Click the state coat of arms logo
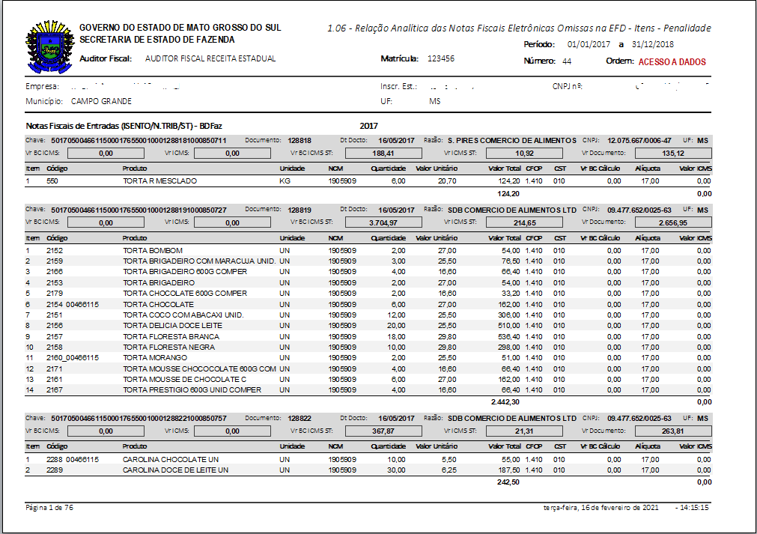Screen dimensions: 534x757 [49, 46]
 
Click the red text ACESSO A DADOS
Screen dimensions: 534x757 [672, 62]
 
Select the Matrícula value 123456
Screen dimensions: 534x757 [441, 58]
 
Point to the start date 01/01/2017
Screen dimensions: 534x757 [589, 45]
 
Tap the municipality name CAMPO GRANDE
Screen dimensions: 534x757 [101, 101]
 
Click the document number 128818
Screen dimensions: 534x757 [300, 140]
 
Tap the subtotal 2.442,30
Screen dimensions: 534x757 [505, 402]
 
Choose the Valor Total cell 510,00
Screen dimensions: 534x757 [508, 326]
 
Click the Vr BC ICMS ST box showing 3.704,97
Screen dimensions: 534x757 [384, 222]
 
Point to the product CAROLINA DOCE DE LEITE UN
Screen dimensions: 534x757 [175, 470]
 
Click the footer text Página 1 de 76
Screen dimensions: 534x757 [49, 508]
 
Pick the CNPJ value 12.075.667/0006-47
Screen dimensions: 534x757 [639, 140]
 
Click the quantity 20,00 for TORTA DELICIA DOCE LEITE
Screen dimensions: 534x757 [395, 326]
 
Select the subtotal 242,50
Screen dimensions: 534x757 [508, 482]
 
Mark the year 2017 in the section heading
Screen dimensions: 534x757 [368, 126]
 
